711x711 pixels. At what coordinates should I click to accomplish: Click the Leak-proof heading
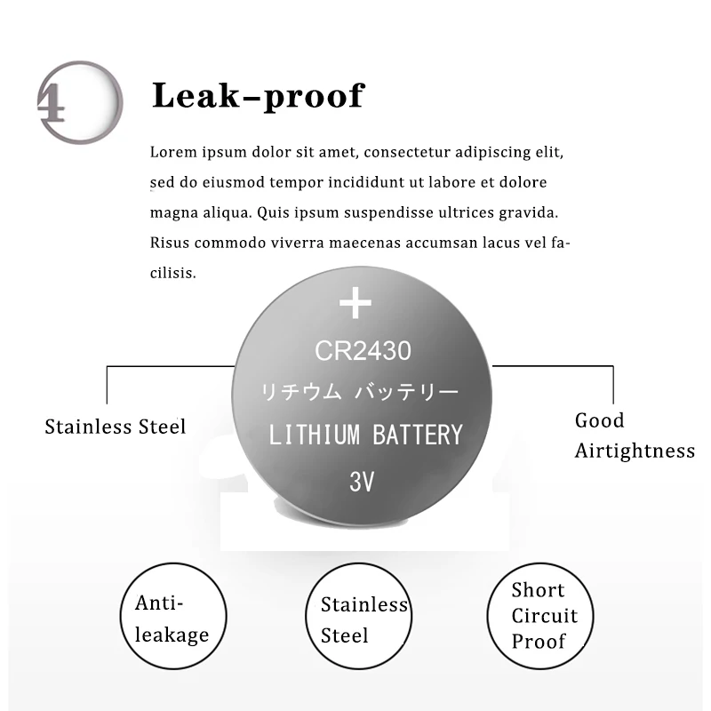[258, 96]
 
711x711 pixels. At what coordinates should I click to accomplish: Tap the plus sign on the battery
[355, 304]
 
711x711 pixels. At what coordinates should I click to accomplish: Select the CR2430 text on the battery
[363, 351]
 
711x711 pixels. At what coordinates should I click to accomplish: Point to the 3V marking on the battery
[362, 482]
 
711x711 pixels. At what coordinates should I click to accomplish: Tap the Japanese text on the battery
[359, 392]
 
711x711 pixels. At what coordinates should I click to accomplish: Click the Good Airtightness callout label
[634, 435]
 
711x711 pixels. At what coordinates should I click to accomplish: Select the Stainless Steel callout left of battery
[116, 427]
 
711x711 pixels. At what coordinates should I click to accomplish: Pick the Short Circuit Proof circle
[539, 615]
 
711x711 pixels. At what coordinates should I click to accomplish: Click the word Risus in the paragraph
[169, 243]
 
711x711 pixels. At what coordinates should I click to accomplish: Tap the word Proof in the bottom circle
[539, 641]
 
